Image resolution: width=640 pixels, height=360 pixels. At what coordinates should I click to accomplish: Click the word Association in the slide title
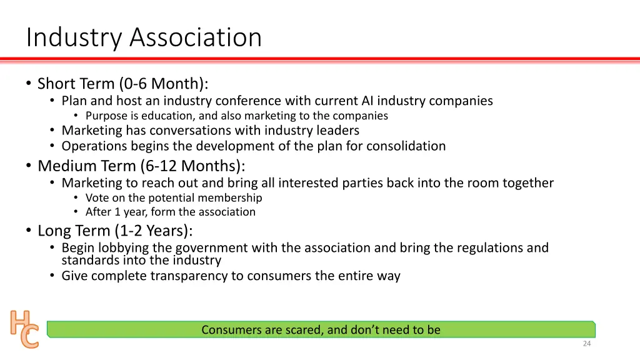196,37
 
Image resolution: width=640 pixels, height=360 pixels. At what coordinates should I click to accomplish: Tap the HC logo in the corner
24,329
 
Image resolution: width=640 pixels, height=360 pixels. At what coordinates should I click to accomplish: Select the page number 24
586,344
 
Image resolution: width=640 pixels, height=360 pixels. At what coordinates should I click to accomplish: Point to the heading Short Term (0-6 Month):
122,84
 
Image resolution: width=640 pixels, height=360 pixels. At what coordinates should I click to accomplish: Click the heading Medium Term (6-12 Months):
141,166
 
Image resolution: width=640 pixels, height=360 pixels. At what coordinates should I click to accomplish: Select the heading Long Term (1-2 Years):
116,231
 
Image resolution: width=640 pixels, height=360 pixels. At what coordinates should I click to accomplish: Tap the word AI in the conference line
367,101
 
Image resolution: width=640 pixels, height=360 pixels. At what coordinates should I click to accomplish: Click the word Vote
97,197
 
